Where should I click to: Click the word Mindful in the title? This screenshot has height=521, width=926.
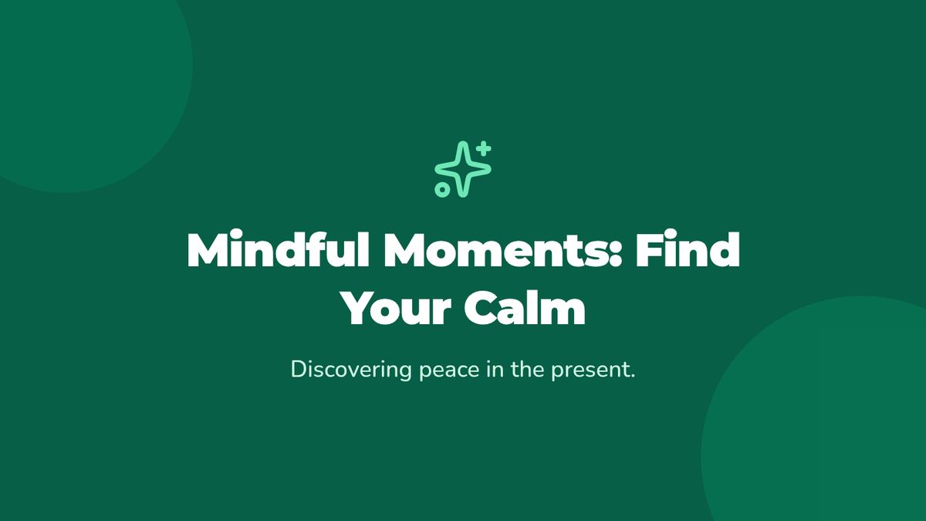coord(278,249)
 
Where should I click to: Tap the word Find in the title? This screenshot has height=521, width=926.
coord(688,249)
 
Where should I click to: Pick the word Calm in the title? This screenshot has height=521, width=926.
coord(525,307)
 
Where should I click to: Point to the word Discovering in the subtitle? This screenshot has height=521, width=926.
coord(351,370)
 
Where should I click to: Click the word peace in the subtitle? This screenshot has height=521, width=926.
coord(449,371)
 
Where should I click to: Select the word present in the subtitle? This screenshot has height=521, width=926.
coord(589,371)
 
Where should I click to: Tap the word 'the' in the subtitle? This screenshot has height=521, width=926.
coord(528,369)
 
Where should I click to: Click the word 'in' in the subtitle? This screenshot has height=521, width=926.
coord(495,369)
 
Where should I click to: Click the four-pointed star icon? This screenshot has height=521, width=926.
coord(463,169)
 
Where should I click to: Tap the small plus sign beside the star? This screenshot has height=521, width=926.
coord(483,148)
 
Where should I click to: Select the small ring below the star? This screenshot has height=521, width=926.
coord(442,190)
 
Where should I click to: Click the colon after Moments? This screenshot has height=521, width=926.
coord(616,254)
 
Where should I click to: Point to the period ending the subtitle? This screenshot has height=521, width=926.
coord(632,376)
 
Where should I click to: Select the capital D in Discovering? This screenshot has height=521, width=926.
coord(299,369)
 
